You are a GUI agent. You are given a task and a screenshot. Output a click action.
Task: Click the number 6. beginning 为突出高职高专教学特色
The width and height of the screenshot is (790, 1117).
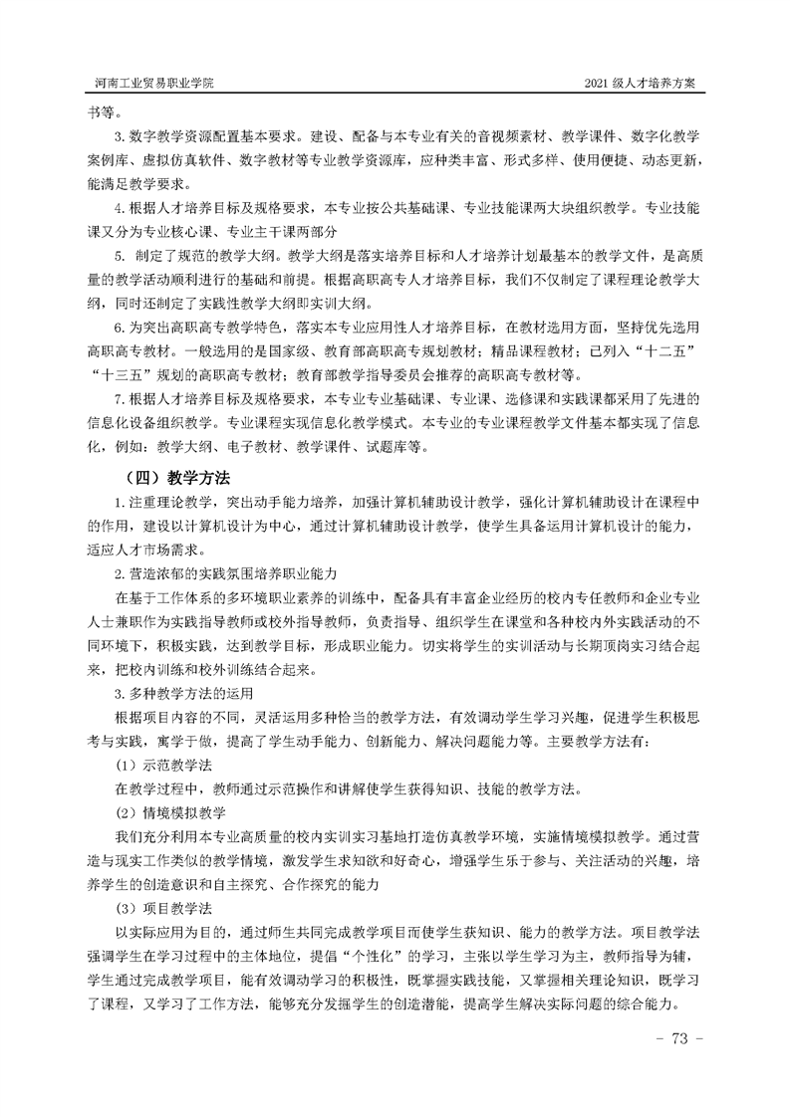tap(121, 328)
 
